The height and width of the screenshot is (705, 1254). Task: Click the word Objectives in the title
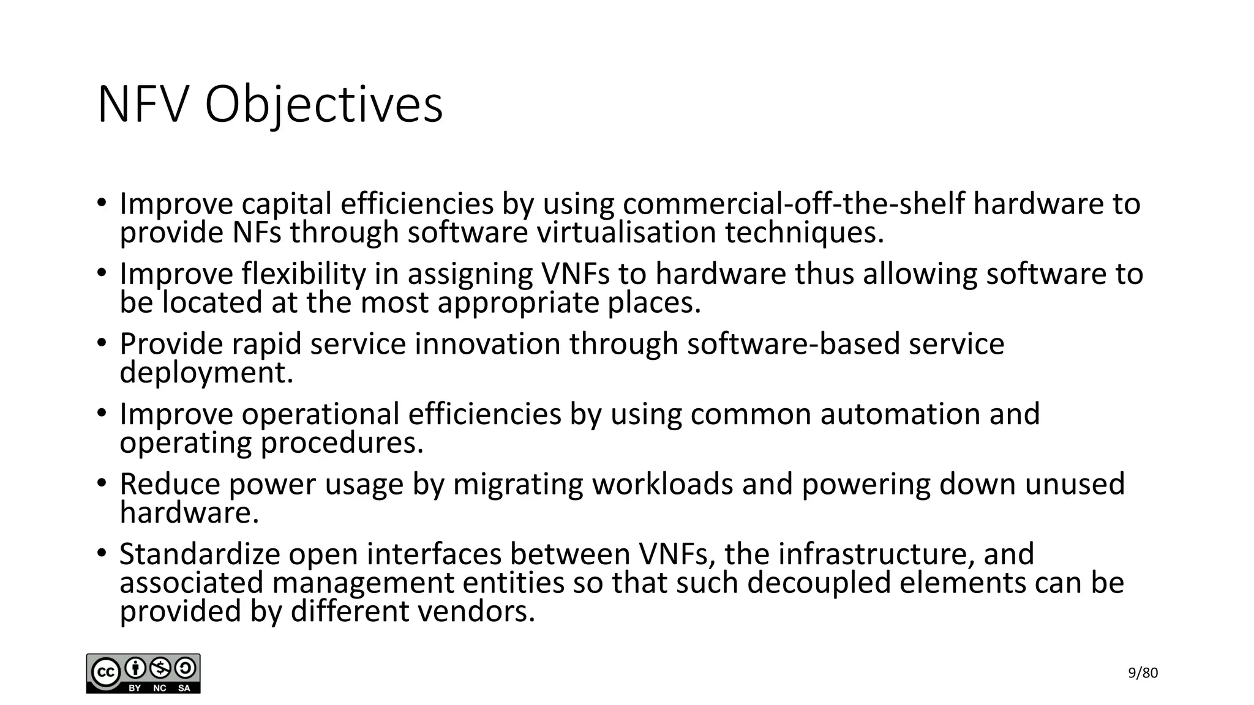pos(323,105)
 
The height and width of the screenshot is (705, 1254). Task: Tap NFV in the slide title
pos(141,105)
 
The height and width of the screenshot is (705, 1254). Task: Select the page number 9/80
pos(1143,673)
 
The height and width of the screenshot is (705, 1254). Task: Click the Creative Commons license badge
pos(143,673)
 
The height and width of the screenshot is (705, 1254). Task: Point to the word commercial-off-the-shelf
pos(794,204)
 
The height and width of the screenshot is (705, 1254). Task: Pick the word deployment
pos(206,373)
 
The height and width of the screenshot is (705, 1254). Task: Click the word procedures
pos(342,443)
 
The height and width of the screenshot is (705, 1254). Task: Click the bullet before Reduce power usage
pos(102,483)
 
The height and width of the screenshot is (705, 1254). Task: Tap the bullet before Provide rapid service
pos(102,343)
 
